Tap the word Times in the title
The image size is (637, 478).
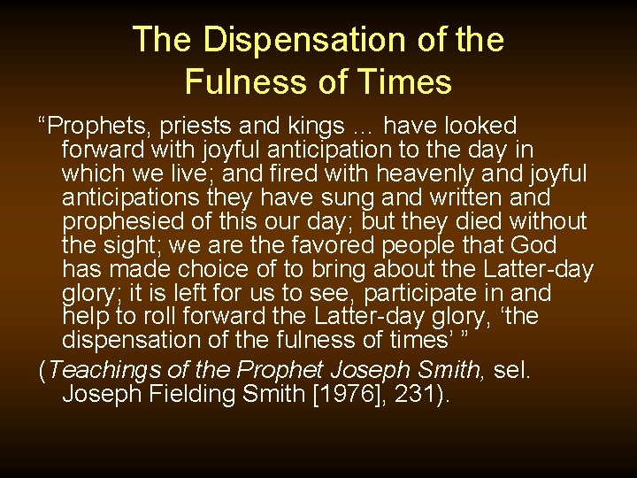[406, 82]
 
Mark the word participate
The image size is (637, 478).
[432, 294]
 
